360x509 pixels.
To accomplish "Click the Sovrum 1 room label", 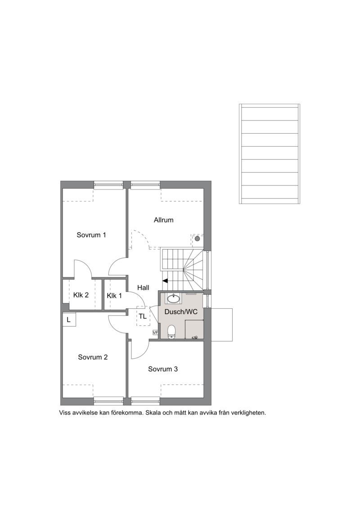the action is click(91, 235).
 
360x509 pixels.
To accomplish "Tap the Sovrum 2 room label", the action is click(93, 357).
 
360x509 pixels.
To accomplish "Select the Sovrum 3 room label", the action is click(163, 369).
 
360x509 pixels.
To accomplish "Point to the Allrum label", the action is click(164, 220).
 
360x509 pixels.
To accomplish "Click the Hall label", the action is click(143, 287).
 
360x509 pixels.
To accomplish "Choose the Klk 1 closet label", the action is click(114, 296).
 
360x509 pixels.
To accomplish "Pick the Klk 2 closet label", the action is click(81, 295).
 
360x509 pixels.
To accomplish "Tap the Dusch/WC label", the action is click(181, 311).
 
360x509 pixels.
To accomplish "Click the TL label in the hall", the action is click(143, 316).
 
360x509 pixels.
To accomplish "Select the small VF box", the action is click(156, 333).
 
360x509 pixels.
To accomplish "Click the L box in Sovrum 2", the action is click(68, 320).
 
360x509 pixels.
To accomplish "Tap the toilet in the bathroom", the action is click(172, 332).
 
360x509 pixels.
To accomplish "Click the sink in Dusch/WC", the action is click(175, 298).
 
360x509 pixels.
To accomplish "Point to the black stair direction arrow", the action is click(165, 281).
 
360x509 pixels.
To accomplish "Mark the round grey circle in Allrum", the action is click(197, 239).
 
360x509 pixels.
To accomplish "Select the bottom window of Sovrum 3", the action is click(146, 401).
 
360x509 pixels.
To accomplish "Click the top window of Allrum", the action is click(146, 185).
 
